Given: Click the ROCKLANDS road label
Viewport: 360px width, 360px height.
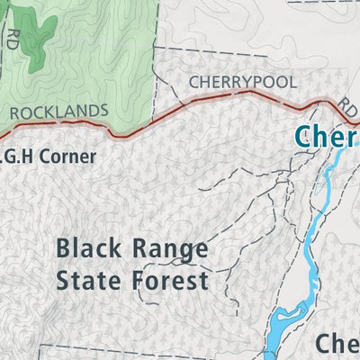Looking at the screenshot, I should pos(59,112).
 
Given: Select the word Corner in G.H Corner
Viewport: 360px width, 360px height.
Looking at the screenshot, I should pos(65,157).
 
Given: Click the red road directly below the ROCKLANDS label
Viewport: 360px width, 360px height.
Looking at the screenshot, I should pos(59,130).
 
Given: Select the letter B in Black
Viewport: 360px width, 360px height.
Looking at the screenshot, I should pos(63,248).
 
